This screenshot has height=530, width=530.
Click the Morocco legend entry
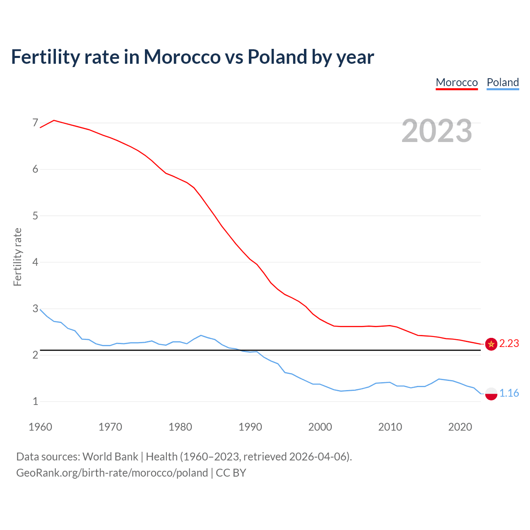pos(457,82)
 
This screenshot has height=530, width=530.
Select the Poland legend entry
pos(503,82)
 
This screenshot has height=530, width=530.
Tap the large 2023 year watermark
pos(437,131)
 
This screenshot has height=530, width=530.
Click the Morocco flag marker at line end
pos(491,344)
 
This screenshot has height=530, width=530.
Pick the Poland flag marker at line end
pos(491,393)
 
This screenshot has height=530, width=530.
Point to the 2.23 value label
pos(509,344)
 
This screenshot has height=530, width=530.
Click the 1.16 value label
pos(509,393)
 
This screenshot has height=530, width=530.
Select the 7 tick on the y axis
pos(35,123)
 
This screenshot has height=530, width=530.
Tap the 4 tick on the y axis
pos(35,262)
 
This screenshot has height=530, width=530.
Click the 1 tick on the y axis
pos(35,401)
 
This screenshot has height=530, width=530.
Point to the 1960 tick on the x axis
pos(40,427)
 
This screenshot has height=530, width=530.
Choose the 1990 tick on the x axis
pos(250,427)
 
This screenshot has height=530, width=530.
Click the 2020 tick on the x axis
pos(460,427)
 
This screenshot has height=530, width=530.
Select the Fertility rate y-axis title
pos(17,257)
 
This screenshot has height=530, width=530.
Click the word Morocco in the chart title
pos(182,57)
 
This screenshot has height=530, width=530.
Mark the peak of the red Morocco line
pos(54,120)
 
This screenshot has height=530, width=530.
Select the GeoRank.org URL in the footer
pos(112,473)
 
